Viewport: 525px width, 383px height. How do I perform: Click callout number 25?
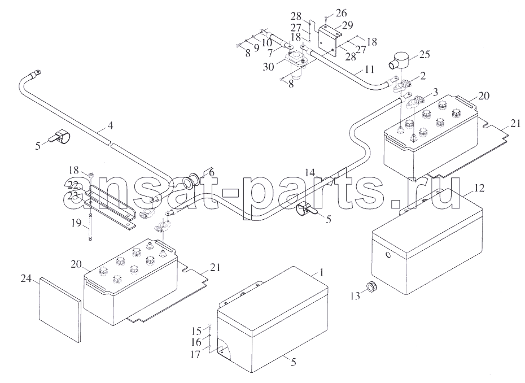424,54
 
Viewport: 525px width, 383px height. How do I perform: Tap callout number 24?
26,278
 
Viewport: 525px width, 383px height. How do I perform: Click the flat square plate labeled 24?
60,310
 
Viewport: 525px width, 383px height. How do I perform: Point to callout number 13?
355,296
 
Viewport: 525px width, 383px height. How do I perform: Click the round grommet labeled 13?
371,287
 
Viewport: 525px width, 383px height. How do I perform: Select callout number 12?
479,188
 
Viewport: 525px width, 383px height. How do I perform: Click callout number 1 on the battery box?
321,272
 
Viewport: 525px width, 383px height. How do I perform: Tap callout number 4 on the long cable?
110,125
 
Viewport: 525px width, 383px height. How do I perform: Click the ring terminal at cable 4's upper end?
36,72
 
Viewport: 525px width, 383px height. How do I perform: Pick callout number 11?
369,69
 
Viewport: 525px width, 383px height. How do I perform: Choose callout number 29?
347,25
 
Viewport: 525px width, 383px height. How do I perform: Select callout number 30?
268,67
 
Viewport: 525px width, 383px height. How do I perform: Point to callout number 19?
76,223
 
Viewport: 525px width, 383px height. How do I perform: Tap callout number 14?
310,173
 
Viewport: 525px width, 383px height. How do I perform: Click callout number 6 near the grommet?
211,172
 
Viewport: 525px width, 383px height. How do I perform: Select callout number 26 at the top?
342,13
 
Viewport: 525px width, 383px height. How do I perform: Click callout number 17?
195,354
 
